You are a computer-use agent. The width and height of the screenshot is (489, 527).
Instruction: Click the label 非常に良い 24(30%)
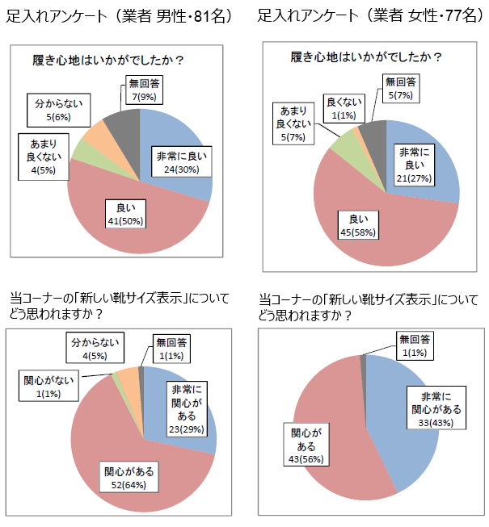(x=181, y=161)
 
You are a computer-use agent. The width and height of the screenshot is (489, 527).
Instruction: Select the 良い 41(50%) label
(x=125, y=214)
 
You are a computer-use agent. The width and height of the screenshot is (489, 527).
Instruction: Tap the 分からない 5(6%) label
(x=58, y=110)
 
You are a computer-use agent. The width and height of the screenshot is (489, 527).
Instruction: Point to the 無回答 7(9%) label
(x=144, y=90)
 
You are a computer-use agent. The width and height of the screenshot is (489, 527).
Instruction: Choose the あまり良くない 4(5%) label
(x=44, y=157)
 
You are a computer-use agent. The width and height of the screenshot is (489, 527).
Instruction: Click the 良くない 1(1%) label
(x=344, y=108)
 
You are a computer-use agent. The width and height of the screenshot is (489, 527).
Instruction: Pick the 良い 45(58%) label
(x=358, y=225)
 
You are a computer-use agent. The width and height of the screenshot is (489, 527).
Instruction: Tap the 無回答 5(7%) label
(x=400, y=89)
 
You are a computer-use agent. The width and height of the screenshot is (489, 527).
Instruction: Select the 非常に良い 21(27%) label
(x=414, y=165)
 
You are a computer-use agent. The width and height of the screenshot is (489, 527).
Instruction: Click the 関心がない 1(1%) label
(x=48, y=386)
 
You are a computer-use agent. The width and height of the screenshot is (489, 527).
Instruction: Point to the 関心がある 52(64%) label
(x=129, y=477)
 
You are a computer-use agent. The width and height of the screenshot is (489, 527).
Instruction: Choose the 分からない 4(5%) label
(x=95, y=348)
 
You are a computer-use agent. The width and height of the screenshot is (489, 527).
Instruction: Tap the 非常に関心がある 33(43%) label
(x=436, y=408)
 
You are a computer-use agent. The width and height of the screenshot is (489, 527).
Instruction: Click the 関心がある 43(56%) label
(x=306, y=445)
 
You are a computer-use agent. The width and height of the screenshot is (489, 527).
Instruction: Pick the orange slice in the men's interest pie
(x=129, y=380)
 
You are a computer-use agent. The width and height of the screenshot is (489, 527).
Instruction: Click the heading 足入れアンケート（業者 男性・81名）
(x=120, y=16)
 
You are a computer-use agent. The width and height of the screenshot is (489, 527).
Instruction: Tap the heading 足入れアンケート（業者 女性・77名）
(x=371, y=15)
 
